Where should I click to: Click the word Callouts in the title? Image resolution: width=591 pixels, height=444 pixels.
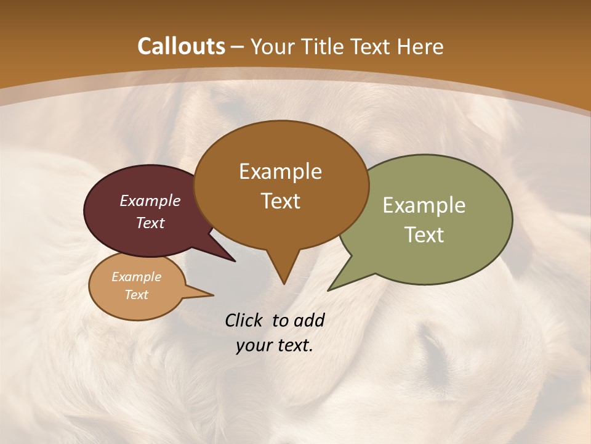click(181, 46)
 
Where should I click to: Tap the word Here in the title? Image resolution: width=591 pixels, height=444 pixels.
click(420, 47)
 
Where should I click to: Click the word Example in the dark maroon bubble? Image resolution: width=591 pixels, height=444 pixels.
click(150, 200)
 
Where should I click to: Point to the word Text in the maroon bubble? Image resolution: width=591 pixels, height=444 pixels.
click(150, 223)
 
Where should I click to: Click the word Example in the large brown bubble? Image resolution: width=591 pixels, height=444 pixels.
click(280, 171)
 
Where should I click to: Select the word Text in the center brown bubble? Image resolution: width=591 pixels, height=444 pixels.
click(281, 201)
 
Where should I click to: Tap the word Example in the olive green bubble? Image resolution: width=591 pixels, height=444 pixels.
click(424, 205)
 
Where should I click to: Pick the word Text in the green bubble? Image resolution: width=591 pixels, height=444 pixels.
click(424, 234)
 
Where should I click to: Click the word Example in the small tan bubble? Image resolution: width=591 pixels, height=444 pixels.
click(136, 277)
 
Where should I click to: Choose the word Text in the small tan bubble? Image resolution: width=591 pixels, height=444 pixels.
click(136, 295)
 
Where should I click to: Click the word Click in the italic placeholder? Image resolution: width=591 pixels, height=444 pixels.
click(244, 320)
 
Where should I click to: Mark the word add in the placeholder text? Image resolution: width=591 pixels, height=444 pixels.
click(308, 320)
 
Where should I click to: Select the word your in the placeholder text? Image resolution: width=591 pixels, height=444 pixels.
click(254, 345)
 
